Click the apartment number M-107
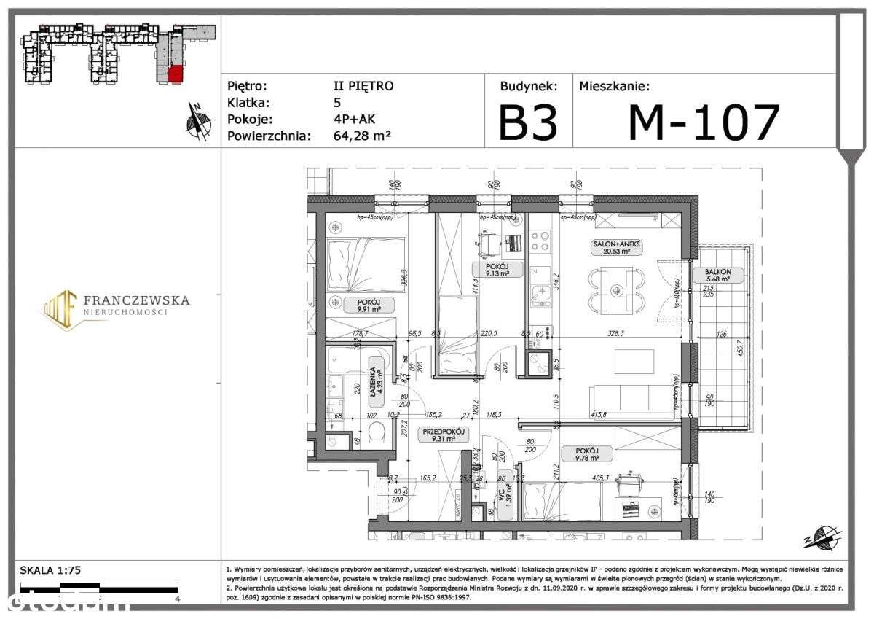[x=704, y=122]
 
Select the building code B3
[x=527, y=122]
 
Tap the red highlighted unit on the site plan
[x=175, y=74]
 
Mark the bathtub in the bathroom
[x=348, y=359]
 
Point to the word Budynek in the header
[x=528, y=86]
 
